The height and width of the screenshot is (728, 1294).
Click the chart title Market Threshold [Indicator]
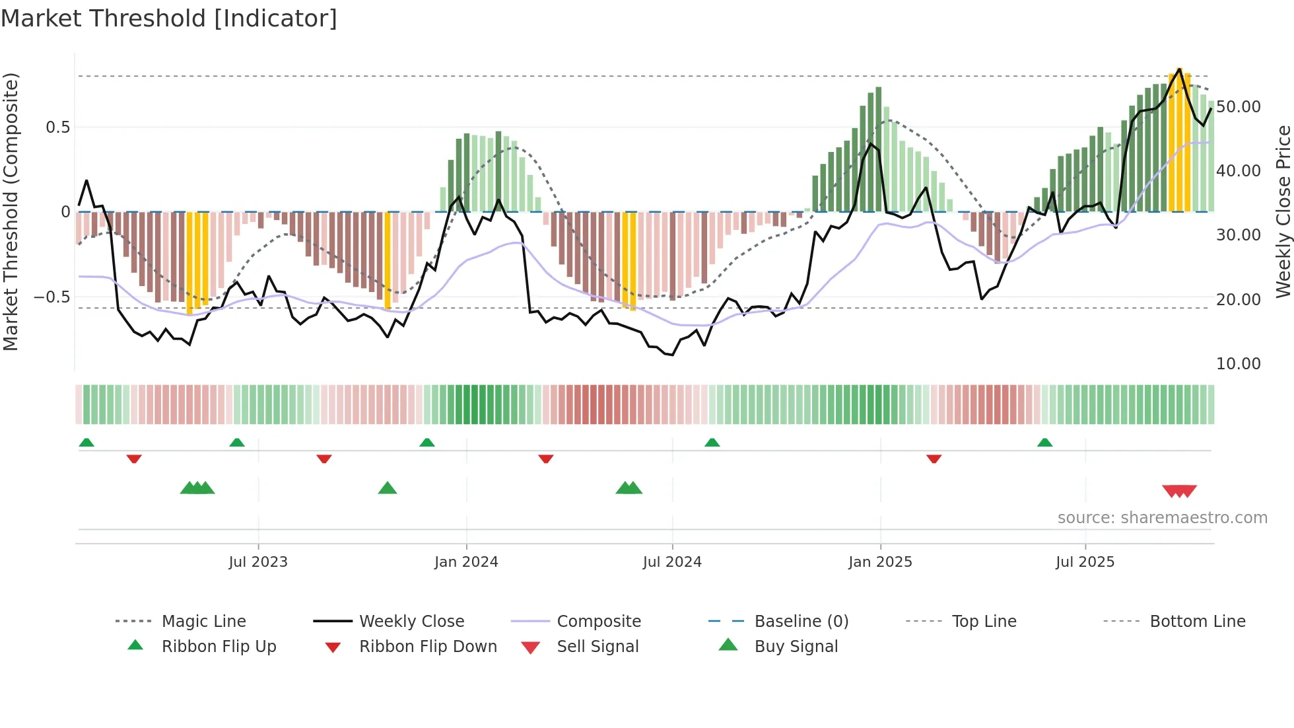point(169,18)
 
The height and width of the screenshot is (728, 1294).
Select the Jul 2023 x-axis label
point(258,562)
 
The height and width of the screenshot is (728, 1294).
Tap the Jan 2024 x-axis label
point(466,562)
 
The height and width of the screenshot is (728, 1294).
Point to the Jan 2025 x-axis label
point(880,562)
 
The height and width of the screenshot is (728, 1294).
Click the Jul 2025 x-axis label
point(1085,562)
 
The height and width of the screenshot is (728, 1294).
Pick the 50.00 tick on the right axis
point(1238,107)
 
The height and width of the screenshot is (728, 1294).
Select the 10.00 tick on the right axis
point(1238,364)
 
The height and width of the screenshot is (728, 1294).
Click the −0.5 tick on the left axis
point(51,297)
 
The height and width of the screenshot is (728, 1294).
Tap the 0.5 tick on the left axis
point(57,127)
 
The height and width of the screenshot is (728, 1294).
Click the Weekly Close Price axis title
point(1283,211)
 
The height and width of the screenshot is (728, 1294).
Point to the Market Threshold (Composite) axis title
point(11,211)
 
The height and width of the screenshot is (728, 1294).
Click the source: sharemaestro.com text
point(1162,518)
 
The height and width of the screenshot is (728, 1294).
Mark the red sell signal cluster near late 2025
point(1179,491)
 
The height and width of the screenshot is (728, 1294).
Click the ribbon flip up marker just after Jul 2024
point(712,443)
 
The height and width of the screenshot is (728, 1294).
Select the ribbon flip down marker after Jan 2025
point(934,458)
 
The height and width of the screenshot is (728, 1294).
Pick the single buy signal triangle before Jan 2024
point(388,488)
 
